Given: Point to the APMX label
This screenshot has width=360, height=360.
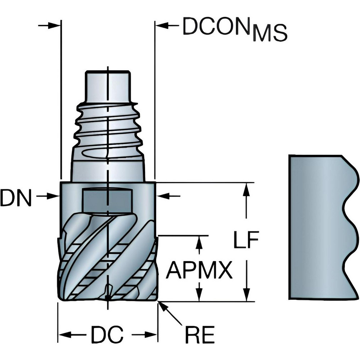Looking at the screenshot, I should click(x=199, y=271).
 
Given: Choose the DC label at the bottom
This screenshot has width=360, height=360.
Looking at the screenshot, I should click(x=107, y=336).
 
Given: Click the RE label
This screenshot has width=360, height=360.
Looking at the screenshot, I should click(x=200, y=336).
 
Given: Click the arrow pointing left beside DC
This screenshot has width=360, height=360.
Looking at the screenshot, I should click(x=72, y=335).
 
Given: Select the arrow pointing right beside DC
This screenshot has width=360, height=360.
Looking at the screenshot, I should click(x=144, y=335).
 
